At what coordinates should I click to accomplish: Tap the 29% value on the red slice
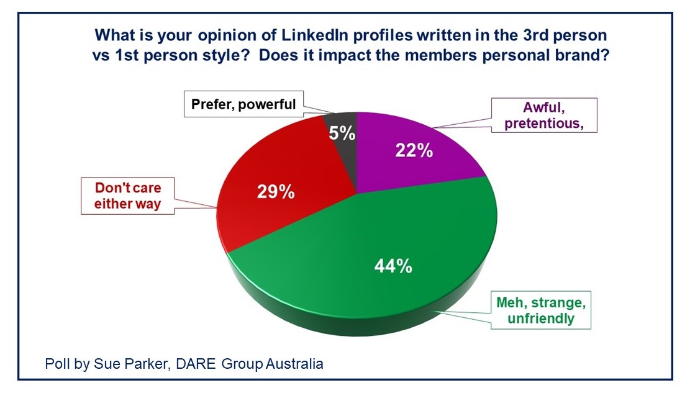point(276,191)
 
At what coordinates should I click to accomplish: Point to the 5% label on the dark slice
point(342,133)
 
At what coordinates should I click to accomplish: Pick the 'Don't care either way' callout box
point(127,196)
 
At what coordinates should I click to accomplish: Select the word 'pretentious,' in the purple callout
point(543,123)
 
